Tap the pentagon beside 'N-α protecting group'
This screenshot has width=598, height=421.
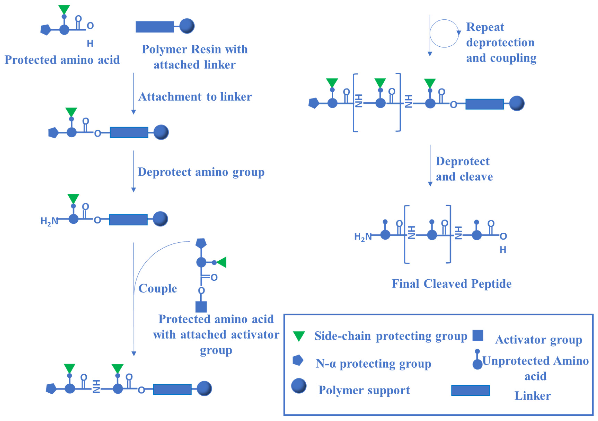pyautogui.click(x=298, y=360)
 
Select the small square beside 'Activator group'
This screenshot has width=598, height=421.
pyautogui.click(x=478, y=335)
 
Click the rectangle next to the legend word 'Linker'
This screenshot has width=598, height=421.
pyautogui.click(x=470, y=390)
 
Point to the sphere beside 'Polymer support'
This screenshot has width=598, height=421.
pyautogui.click(x=299, y=386)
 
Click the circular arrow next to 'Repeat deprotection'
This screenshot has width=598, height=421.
pyautogui.click(x=444, y=33)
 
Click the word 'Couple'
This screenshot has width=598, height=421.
pyautogui.click(x=158, y=288)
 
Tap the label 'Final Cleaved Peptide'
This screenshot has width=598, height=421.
pyautogui.click(x=451, y=284)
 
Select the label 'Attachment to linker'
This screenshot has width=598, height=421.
pyautogui.click(x=195, y=97)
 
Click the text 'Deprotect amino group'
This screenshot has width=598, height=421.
pyautogui.click(x=201, y=172)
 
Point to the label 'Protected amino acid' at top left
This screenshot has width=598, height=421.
pyautogui.click(x=62, y=60)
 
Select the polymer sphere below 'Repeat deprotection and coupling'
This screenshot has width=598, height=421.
pyautogui.click(x=516, y=103)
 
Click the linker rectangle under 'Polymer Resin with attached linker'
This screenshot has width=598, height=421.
pyautogui.click(x=155, y=27)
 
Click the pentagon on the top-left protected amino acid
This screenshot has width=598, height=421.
pyautogui.click(x=46, y=30)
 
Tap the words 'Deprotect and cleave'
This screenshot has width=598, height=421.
pyautogui.click(x=464, y=169)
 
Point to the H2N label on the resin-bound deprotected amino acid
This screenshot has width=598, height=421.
pyautogui.click(x=49, y=221)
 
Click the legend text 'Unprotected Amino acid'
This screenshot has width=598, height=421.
pyautogui.click(x=535, y=368)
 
